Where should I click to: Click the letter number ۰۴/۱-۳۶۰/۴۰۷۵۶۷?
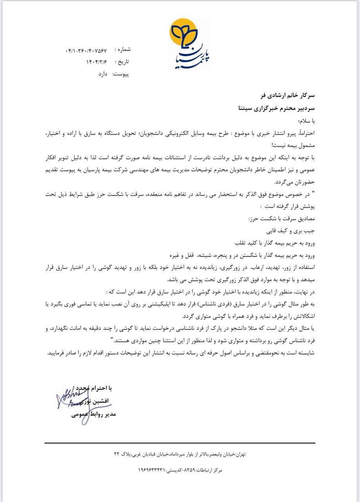[x=86, y=51]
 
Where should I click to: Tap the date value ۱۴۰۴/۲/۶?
[x=96, y=62]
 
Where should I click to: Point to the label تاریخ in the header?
[x=123, y=62]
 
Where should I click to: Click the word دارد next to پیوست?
[x=103, y=73]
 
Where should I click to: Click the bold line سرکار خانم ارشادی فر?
[x=287, y=95]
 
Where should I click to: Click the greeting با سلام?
[x=305, y=120]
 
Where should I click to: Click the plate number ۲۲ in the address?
[x=116, y=454]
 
